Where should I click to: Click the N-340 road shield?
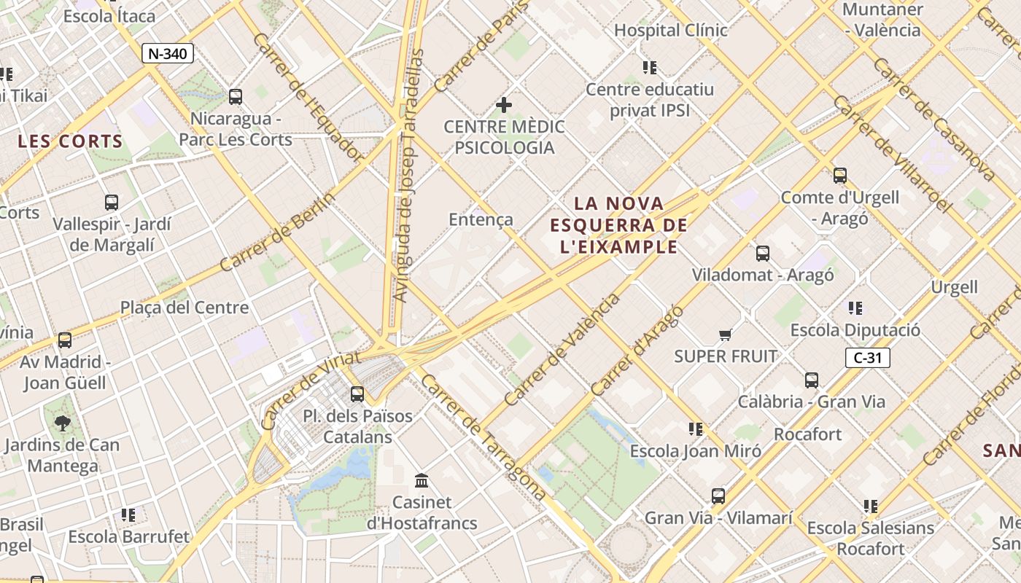coord(168,53)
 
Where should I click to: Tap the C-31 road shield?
coord(868,358)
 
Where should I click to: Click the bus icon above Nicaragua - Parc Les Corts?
coord(236,97)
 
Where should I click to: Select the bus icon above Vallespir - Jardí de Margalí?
coord(112,203)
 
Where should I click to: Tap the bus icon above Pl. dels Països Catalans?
coord(357,394)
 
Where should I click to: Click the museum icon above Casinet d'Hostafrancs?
coord(422,481)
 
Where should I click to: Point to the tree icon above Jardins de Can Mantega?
coord(63,423)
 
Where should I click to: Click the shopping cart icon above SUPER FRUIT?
coord(725,335)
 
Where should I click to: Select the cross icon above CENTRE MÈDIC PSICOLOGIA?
coord(504,106)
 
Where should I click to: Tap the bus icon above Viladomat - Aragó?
coord(763,254)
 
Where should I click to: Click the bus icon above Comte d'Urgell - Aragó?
coord(840,176)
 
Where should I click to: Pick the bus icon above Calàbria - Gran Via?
coord(812,380)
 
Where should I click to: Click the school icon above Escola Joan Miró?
coord(696,429)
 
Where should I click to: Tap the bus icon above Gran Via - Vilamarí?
coord(718,496)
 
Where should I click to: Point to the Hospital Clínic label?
coord(671,30)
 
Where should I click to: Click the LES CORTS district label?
coord(70,141)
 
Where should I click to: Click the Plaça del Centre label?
coord(185,308)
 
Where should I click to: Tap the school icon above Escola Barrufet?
coord(128,515)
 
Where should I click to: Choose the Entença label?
coord(481,219)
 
